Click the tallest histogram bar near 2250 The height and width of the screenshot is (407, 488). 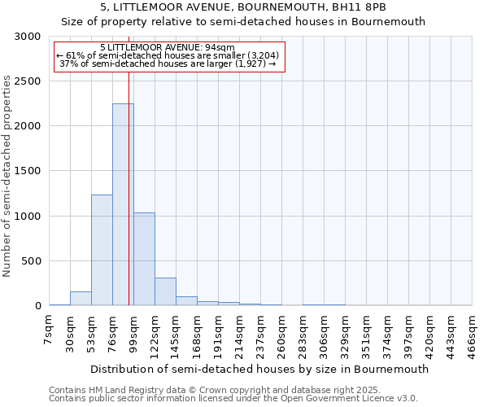pos(123,203)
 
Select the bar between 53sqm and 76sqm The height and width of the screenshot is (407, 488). pos(102,250)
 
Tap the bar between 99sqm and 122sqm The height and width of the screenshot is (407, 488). pos(144,259)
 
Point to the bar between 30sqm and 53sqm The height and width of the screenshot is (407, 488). pos(81,299)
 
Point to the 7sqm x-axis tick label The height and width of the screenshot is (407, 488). pos(50,331)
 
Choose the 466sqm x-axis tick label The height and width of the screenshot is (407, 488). pos(473,335)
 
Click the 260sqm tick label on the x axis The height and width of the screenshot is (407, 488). pos(282,335)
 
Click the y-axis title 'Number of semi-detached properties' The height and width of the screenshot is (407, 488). pos(8,177)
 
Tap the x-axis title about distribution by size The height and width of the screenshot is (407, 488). pos(259,369)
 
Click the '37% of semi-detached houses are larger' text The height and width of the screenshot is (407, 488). pos(168,63)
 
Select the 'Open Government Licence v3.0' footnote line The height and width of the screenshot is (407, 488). pos(233,399)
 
